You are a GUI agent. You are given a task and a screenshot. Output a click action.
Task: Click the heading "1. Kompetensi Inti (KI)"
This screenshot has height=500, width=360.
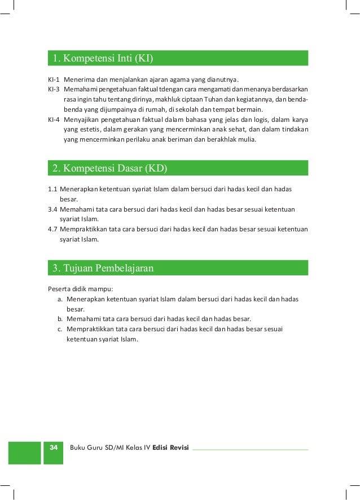tap(103, 59)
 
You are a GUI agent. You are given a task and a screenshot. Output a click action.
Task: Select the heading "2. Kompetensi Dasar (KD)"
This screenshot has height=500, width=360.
tap(110, 168)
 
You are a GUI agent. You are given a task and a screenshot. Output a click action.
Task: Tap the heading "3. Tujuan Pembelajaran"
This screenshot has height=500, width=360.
tap(103, 268)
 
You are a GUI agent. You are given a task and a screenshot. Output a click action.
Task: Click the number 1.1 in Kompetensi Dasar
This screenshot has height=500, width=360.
tap(52, 189)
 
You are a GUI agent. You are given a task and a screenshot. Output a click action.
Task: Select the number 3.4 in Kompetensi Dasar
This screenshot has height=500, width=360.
tap(52, 209)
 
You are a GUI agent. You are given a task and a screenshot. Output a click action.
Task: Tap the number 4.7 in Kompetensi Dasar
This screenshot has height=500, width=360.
tap(52, 229)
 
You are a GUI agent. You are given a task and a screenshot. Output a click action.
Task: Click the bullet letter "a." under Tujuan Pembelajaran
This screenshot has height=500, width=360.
tap(59, 299)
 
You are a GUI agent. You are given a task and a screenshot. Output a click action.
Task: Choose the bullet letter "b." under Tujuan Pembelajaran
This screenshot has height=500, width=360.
tap(59, 319)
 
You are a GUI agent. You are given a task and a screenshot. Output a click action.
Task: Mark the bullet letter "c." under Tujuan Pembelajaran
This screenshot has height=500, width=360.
tap(59, 329)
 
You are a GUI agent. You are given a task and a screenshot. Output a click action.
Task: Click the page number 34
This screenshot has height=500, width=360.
tap(54, 448)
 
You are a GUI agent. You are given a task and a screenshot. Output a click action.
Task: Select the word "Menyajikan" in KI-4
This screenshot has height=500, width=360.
tap(82, 120)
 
